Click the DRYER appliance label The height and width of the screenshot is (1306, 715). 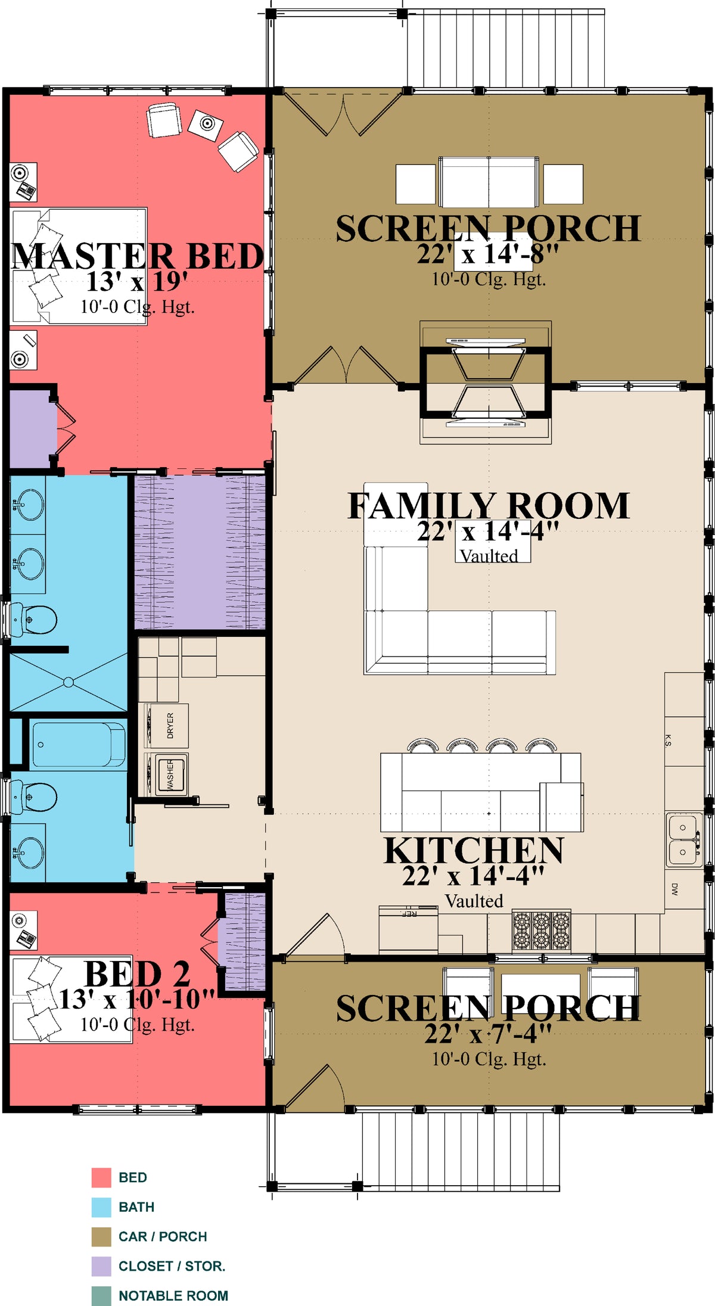pos(170,725)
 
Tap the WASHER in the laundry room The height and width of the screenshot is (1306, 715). pos(171,774)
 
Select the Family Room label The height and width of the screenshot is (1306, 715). pos(489,506)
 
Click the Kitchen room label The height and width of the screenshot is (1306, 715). pos(474,850)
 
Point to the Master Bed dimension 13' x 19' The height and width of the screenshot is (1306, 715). pos(138,281)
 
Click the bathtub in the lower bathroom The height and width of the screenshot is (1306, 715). pos(79,745)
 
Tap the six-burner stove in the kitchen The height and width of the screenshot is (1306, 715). pos(542,931)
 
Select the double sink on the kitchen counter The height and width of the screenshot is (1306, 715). pos(683,840)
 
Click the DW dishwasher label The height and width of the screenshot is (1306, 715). pos(674,890)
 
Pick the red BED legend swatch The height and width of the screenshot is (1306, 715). pos(101,1177)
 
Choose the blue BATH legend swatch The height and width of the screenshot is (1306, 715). pos(101,1207)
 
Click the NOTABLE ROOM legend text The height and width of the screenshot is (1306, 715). pos(173,1296)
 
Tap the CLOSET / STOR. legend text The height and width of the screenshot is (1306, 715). pos(172,1266)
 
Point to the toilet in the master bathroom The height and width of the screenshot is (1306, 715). pos(34,620)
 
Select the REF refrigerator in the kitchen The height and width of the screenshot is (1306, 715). pos(408,929)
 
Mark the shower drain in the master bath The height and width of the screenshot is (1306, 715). pos(69,682)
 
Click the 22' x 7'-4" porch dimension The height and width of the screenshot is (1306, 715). pos(489,1034)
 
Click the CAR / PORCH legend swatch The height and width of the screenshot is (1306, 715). pos(101,1237)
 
